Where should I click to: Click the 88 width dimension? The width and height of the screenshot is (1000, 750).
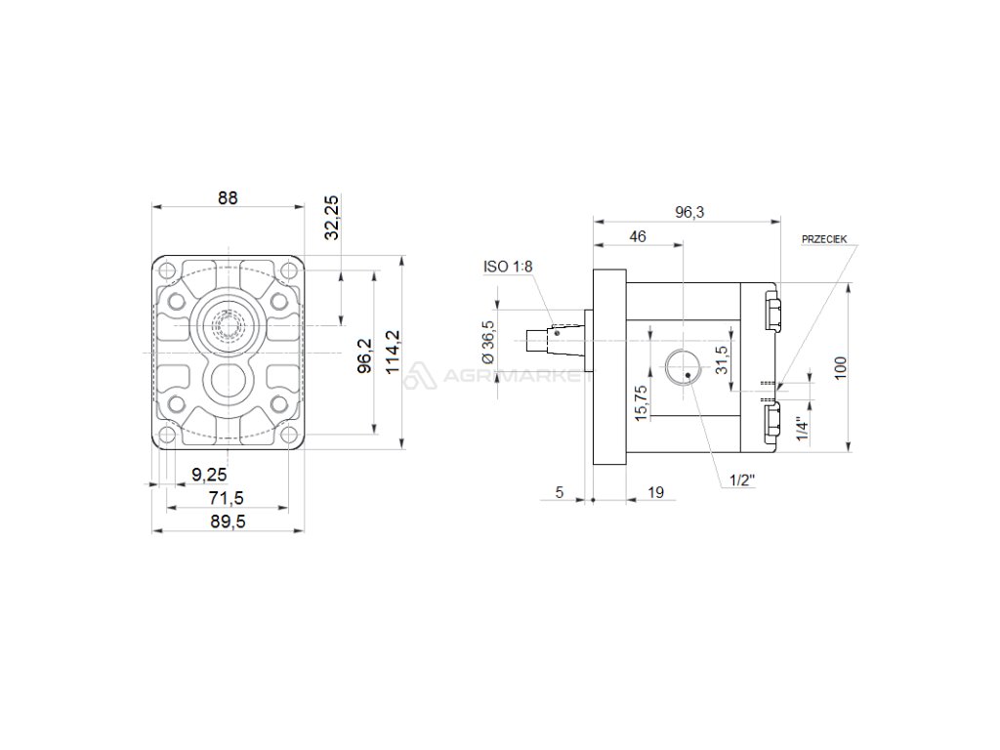[227, 197]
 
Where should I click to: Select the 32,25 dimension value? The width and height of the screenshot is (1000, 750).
[332, 218]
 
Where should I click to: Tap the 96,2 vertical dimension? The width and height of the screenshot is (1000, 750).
[365, 355]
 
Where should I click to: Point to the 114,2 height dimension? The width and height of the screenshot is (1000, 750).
[393, 352]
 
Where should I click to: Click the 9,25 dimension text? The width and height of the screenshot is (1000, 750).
[209, 475]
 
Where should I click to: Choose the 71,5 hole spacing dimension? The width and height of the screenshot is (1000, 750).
[227, 497]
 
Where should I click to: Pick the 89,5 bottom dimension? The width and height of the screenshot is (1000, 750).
[228, 521]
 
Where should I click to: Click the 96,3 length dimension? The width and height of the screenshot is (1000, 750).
[689, 212]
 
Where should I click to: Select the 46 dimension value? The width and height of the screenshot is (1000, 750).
[638, 236]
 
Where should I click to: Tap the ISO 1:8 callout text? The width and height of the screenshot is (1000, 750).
[508, 267]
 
